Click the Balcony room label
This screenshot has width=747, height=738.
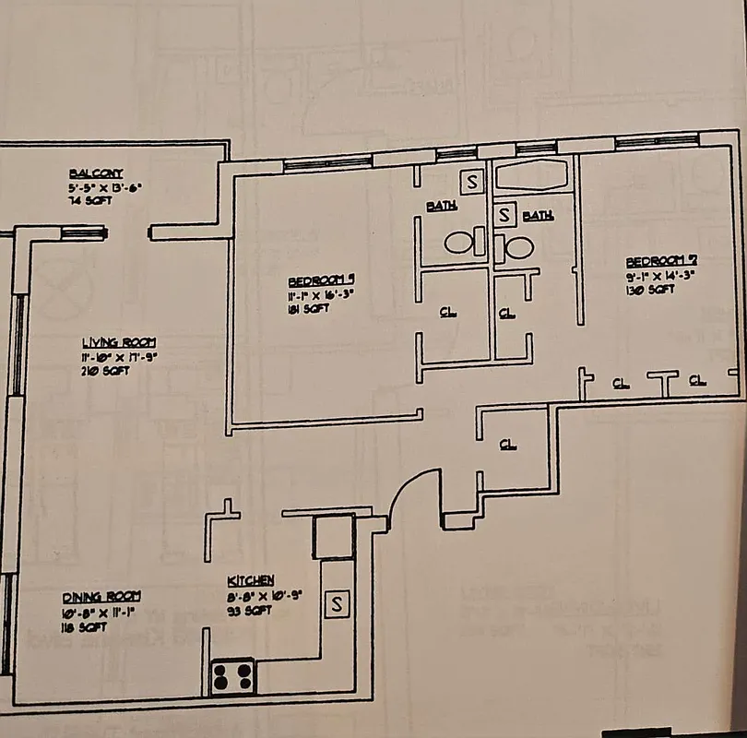95,173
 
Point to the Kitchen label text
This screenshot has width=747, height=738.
250,580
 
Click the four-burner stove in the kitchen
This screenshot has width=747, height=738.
232,677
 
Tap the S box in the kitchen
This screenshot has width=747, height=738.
337,604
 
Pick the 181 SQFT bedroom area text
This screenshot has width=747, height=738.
308,309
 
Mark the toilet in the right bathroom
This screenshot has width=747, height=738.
515,247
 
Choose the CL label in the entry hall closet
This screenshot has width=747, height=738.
506,444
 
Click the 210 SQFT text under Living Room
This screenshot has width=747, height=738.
104,371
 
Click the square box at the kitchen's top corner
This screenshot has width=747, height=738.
333,537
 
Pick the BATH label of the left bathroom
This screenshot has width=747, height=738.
441,206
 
